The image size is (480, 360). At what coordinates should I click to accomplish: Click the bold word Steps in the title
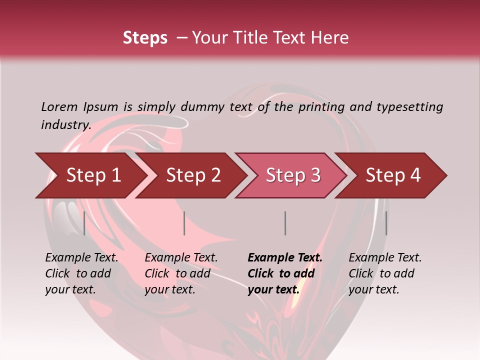(145, 38)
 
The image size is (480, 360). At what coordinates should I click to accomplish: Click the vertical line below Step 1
(84, 223)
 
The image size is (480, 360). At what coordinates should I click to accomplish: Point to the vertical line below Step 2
(184, 223)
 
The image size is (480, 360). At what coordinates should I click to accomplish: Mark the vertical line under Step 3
(285, 223)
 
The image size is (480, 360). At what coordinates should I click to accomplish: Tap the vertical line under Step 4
(386, 223)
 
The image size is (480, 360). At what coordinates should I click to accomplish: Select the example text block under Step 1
(81, 273)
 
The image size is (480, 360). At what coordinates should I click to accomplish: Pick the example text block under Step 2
(181, 273)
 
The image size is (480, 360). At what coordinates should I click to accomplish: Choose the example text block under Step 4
(385, 273)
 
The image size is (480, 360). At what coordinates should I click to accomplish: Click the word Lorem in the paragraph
(59, 106)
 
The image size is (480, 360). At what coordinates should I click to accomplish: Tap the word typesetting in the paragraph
(409, 106)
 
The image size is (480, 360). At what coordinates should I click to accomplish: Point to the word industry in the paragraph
(65, 124)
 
